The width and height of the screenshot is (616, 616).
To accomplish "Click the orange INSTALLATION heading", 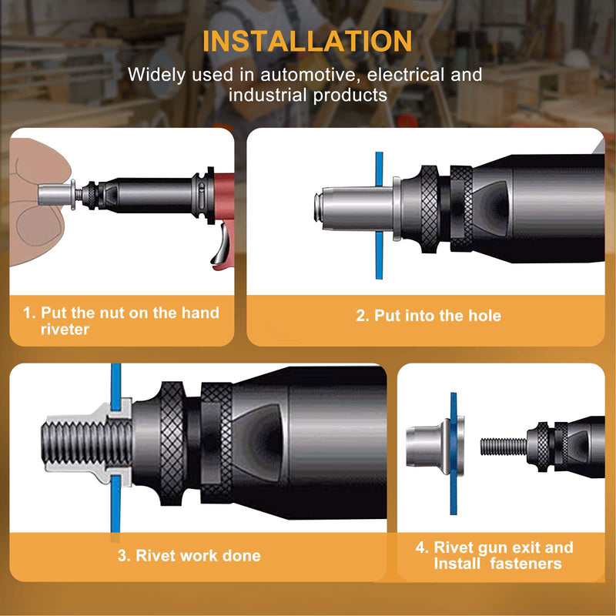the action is point(307,41).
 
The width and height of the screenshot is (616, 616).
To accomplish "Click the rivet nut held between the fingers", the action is point(56,196).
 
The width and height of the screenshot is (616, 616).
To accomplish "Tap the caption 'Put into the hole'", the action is point(437,316).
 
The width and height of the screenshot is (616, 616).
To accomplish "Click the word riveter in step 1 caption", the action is point(65,330).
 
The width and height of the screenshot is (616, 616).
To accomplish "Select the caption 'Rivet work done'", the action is point(198,555).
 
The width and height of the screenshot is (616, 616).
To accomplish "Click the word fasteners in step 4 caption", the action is point(526,564).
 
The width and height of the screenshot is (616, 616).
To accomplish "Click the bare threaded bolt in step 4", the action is point(504,447).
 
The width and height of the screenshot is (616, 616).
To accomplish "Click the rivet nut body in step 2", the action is point(357,209).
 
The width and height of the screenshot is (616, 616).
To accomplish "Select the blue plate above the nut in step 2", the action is point(379,169).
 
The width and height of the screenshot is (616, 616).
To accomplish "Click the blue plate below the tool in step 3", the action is point(115,504).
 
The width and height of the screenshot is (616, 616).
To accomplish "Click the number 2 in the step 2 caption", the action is point(360,316).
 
